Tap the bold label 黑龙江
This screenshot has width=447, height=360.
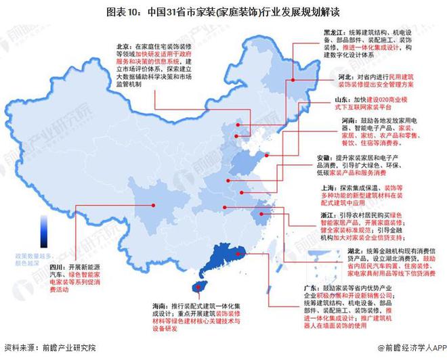coord(331,31)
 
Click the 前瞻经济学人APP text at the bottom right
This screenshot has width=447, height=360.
coord(407,348)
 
